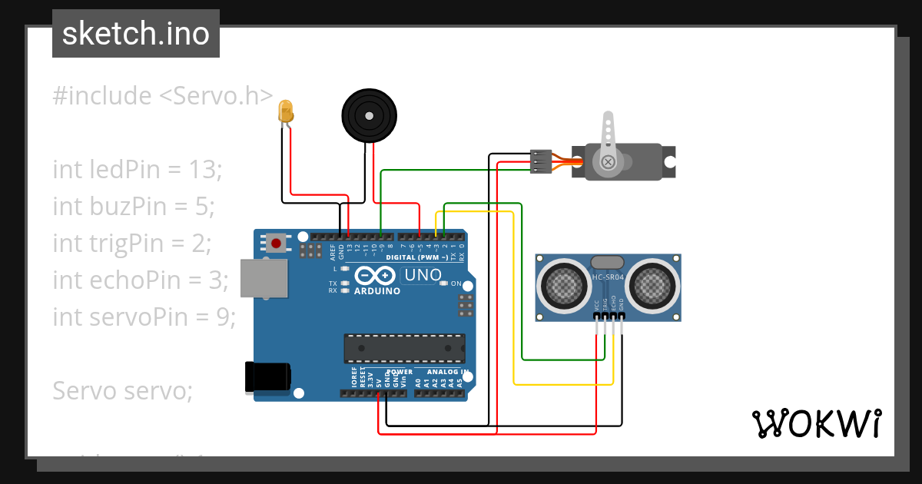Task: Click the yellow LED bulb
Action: pyautogui.click(x=286, y=111)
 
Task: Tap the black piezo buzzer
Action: pyautogui.click(x=370, y=115)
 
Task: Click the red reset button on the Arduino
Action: pyautogui.click(x=276, y=244)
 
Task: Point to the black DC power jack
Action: pyautogui.click(x=267, y=376)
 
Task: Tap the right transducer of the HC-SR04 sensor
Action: pyautogui.click(x=653, y=285)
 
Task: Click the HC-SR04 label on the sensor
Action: pyautogui.click(x=609, y=277)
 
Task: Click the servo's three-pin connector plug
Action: pyautogui.click(x=541, y=161)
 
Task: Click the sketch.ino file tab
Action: pyautogui.click(x=136, y=34)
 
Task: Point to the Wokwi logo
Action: pyautogui.click(x=816, y=423)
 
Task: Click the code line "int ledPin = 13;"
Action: pyautogui.click(x=137, y=169)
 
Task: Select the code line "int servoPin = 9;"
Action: pyautogui.click(x=144, y=316)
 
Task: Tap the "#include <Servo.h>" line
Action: pyautogui.click(x=163, y=96)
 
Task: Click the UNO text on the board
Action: pyautogui.click(x=423, y=275)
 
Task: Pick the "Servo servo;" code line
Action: pyautogui.click(x=121, y=390)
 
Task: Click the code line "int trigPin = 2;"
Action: pyautogui.click(x=131, y=243)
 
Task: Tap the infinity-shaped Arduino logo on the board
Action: pyautogui.click(x=376, y=276)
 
